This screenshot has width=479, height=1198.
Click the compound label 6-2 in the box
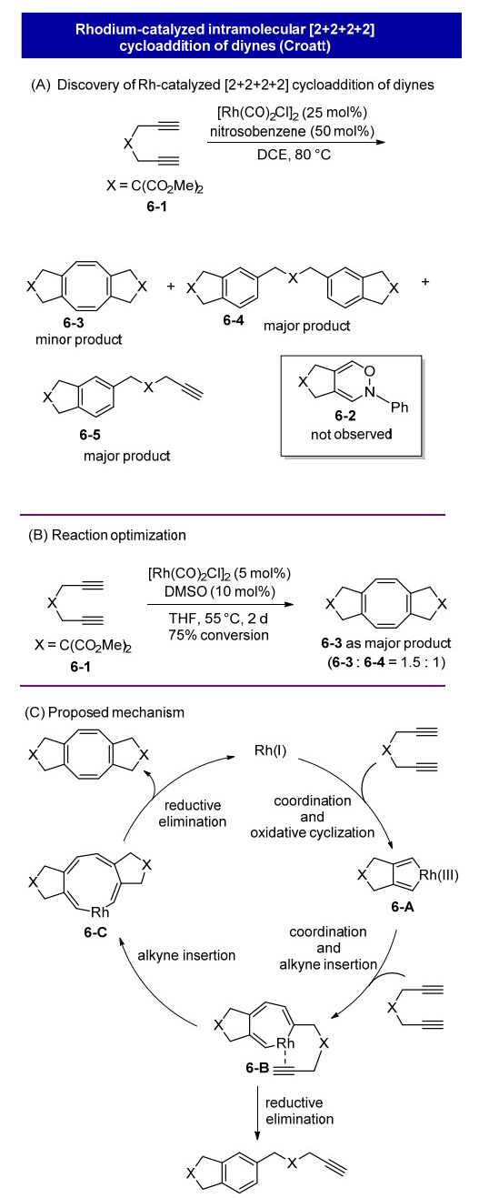344,415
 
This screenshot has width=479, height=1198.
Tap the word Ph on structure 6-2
399,408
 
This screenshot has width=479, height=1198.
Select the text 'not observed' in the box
351,434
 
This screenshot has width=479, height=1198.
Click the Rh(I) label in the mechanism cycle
270,750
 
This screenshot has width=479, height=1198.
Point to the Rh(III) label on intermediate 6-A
439,875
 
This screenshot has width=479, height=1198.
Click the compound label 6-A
403,906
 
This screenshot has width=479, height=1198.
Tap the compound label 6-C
95,932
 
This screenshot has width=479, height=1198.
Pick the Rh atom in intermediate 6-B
285,1042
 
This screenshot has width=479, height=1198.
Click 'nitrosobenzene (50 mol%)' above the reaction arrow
292,132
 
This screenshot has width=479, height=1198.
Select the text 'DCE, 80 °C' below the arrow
294,156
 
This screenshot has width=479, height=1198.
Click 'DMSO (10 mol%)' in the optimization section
220,591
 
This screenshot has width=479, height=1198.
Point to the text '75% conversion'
219,635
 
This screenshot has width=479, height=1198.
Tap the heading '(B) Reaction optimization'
107,536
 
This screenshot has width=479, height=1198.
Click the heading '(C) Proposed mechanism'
105,712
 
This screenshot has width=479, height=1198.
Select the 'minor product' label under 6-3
78,339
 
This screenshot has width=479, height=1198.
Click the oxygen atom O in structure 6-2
370,370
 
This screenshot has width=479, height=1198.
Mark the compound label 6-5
90,435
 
